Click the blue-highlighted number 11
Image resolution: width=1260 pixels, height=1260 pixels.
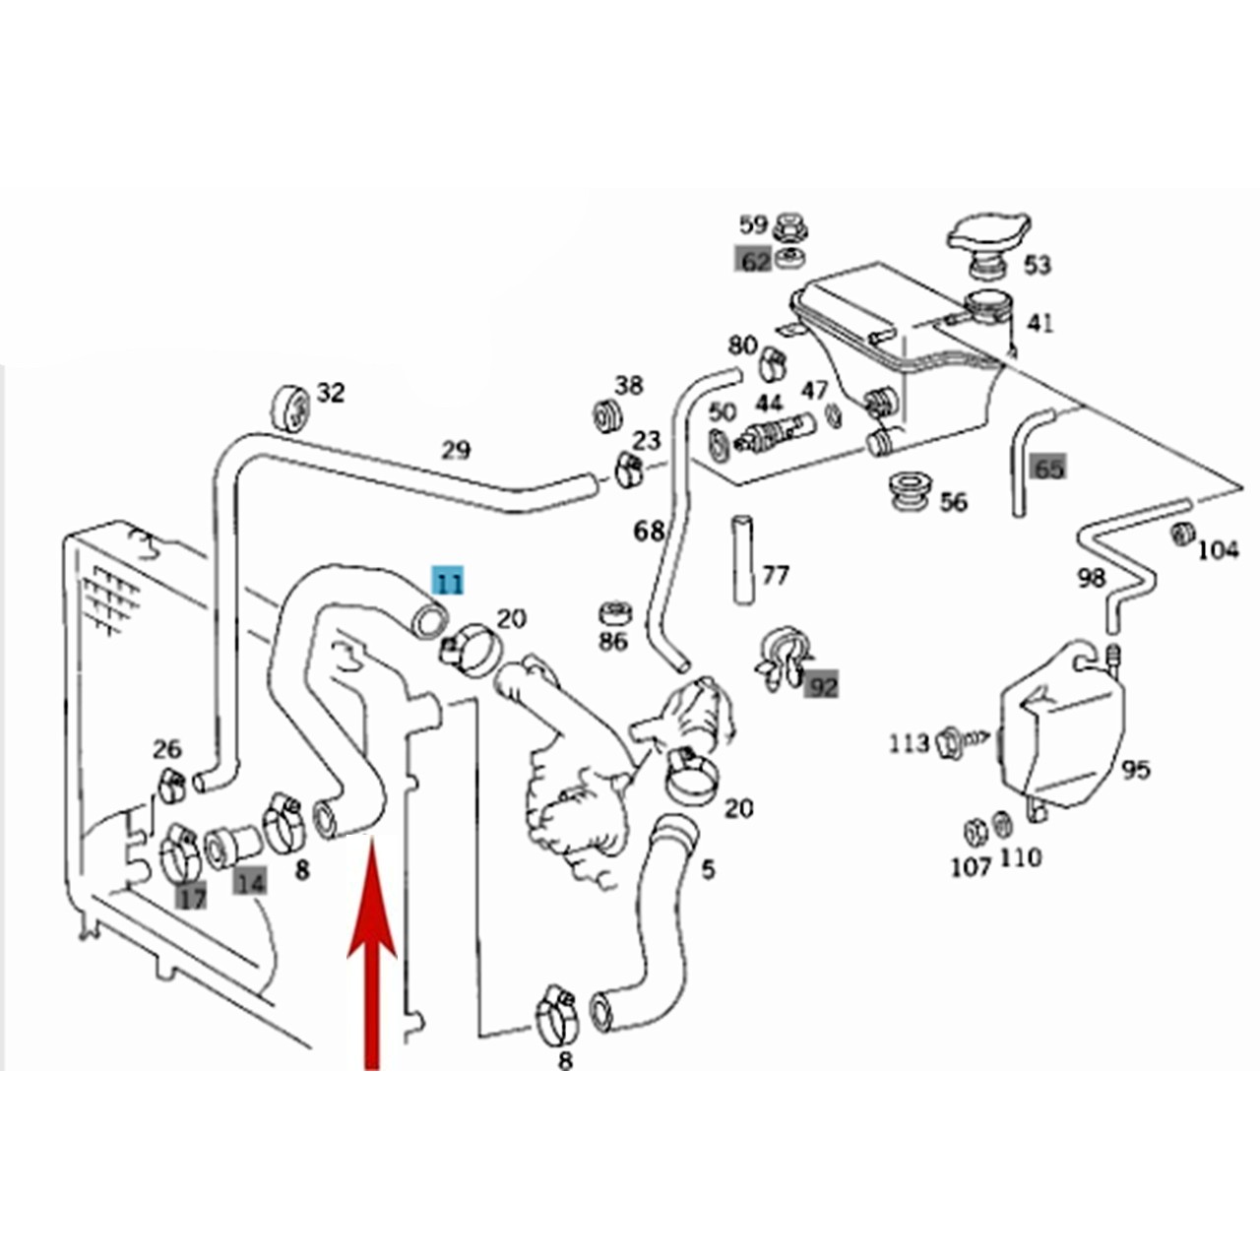coord(448,581)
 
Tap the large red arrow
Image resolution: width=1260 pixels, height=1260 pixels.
coord(371,955)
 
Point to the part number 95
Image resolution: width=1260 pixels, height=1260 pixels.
coord(1135,770)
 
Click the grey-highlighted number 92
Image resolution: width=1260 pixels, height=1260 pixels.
coord(822,685)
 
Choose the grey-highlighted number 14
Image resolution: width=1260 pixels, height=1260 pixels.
coord(250,884)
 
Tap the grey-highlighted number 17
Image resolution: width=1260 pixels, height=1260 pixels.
coord(192,898)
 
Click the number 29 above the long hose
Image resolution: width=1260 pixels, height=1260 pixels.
coord(456,450)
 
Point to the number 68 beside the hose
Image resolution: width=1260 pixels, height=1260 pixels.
coord(649,531)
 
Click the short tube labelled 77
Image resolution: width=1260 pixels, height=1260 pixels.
coord(742,560)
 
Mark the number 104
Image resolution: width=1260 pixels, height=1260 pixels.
coord(1218,550)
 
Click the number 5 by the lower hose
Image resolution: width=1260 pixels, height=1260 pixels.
coord(708,869)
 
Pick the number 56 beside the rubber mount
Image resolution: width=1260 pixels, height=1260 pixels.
coord(953,502)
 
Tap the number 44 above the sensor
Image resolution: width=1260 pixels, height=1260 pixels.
coord(769,403)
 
